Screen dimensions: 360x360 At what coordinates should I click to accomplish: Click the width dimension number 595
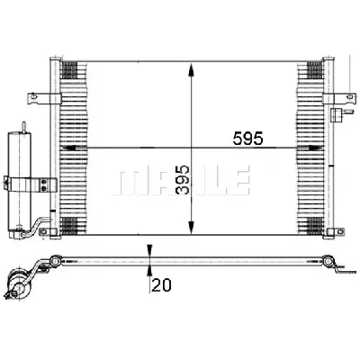[x=247, y=139]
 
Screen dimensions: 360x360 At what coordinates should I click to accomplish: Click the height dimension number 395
[x=183, y=179]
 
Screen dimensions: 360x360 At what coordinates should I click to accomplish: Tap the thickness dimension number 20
[x=161, y=284]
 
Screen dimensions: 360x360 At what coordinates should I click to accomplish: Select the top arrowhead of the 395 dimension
[x=191, y=69]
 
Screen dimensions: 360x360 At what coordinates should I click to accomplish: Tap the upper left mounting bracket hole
[x=33, y=96]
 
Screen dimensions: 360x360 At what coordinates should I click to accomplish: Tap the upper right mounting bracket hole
[x=349, y=96]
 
